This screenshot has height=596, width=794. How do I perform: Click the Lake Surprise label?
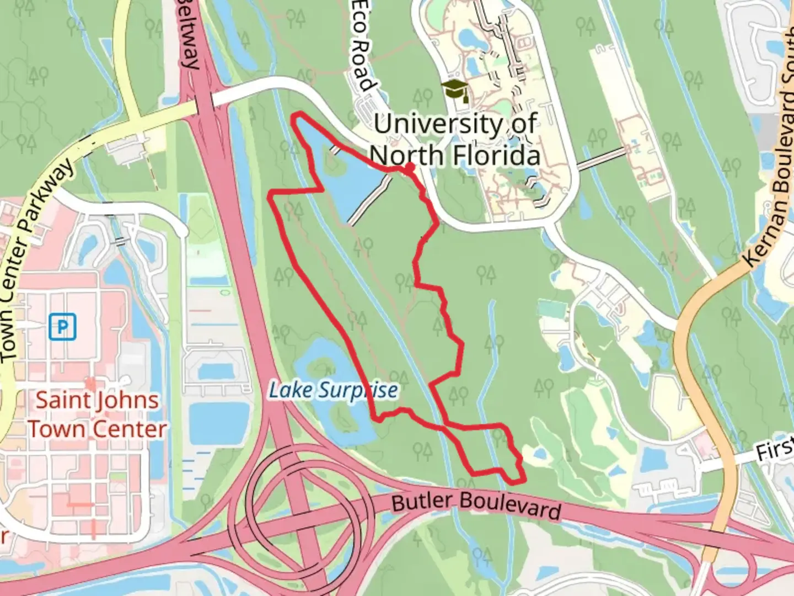333,390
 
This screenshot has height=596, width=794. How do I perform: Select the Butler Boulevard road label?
476,505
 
